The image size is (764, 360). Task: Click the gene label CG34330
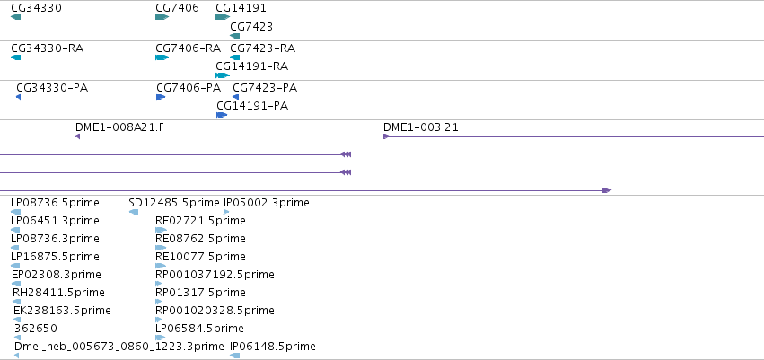pos(36,8)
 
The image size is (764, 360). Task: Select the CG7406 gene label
pos(177,8)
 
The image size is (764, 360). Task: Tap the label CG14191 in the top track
pos(241,8)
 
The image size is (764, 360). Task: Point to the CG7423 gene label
pos(251,26)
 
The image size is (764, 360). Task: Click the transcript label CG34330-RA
pos(47,48)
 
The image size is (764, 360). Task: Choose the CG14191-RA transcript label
pos(252,66)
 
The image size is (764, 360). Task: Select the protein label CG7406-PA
pos(189,88)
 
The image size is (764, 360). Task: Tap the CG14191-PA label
pos(252,106)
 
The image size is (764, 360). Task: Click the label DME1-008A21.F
pos(120,127)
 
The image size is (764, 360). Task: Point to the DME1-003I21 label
pos(421,127)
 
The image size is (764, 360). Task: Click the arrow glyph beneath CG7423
pos(235,36)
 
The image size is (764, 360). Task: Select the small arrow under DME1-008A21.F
pos(77,136)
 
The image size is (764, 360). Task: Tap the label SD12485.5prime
pos(174,203)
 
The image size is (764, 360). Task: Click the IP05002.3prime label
pos(266,203)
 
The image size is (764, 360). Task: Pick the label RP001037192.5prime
pos(215,275)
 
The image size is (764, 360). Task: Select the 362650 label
pos(36,329)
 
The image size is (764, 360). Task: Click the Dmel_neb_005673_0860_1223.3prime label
pos(119,347)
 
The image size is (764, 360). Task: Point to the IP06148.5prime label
pos(273,347)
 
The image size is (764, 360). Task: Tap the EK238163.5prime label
pos(62,311)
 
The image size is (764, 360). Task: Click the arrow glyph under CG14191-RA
pos(223,75)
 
